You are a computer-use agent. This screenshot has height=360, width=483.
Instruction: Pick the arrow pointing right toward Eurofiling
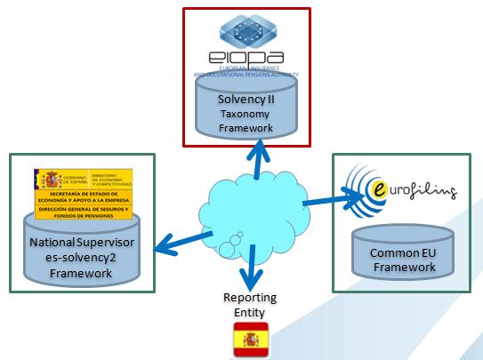pyautogui.click(x=320, y=204)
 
